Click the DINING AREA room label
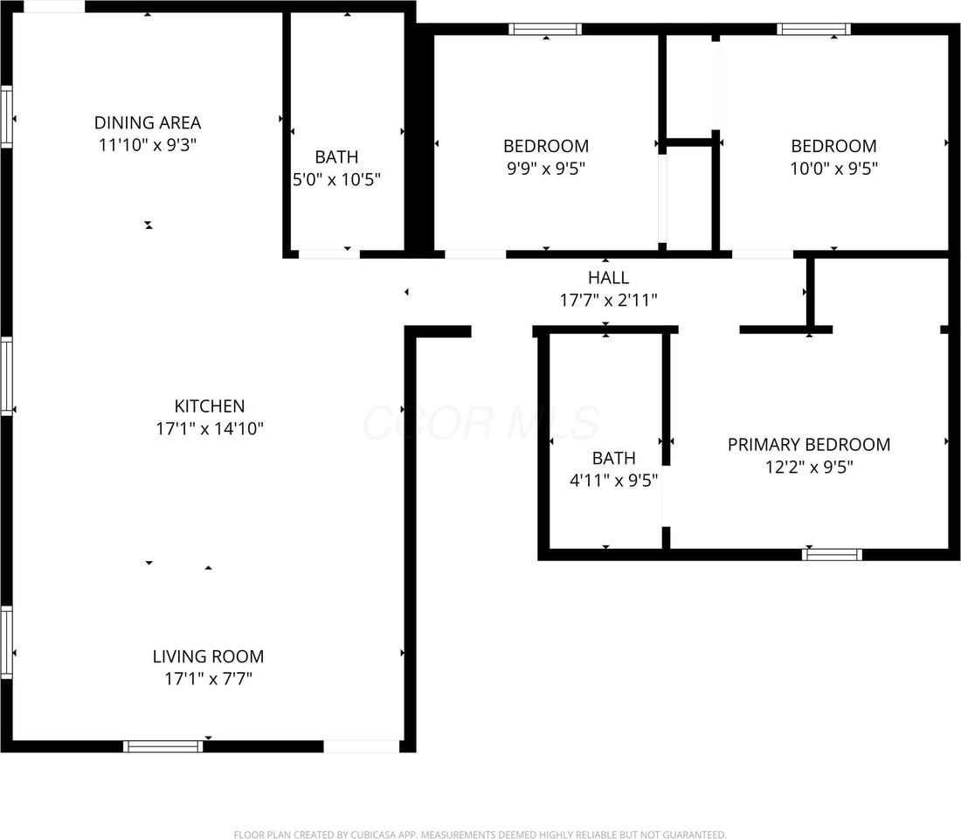coord(148,122)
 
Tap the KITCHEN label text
coord(210,406)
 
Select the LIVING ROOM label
coord(208,656)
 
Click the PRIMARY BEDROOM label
coord(809,444)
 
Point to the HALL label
coord(608,278)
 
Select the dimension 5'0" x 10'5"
coord(336,180)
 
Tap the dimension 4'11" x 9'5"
coord(613,480)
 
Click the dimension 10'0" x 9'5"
coord(833,168)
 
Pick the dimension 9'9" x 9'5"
coord(546,168)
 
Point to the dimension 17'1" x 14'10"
coord(210,428)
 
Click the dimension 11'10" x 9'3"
coord(148,145)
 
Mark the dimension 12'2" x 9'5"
coord(809,467)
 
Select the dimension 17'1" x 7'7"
coord(208,678)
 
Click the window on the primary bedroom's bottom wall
coord(832,554)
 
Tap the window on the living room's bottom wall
coord(162,746)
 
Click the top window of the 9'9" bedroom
coord(546,29)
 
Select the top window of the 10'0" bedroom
coord(814,29)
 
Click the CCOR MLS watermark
coord(480,423)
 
